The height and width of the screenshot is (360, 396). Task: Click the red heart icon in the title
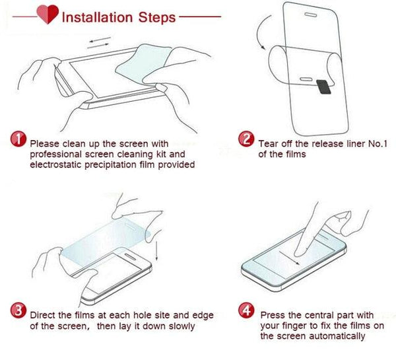pyautogui.click(x=48, y=14)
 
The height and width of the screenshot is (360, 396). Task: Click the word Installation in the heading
pyautogui.click(x=97, y=17)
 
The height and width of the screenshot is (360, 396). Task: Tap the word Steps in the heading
pyautogui.click(x=157, y=17)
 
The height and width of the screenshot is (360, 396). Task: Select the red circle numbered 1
pyautogui.click(x=18, y=139)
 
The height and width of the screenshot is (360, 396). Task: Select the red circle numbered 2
pyautogui.click(x=246, y=139)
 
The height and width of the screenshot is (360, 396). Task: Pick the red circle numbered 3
pyautogui.click(x=18, y=310)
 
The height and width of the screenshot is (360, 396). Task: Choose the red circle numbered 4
pyautogui.click(x=246, y=310)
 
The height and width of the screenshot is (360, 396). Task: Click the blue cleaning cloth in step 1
pyautogui.click(x=143, y=63)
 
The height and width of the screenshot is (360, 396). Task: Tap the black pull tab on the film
pyautogui.click(x=324, y=87)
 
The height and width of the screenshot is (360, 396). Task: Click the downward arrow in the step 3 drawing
pyautogui.click(x=156, y=250)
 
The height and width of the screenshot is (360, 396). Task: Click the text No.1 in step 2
pyautogui.click(x=378, y=144)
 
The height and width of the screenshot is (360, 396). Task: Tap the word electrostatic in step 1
pyautogui.click(x=55, y=164)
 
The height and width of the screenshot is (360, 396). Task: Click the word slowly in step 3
pyautogui.click(x=181, y=326)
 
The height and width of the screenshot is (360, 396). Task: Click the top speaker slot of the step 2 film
pyautogui.click(x=310, y=15)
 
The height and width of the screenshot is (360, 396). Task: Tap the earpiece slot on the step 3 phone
pyautogui.click(x=131, y=256)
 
